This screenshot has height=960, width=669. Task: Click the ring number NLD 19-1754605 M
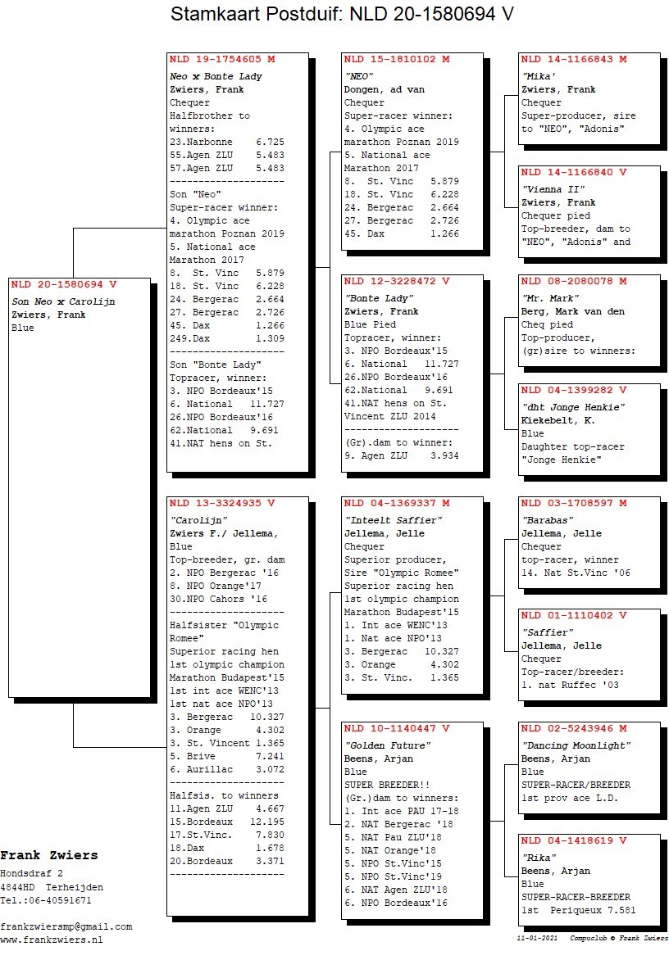click(x=222, y=60)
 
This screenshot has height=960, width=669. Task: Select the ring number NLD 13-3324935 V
click(x=222, y=503)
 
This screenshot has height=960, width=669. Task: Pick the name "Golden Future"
click(x=387, y=745)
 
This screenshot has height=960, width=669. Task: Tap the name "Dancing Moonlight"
click(x=576, y=745)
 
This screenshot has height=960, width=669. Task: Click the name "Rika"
click(x=537, y=858)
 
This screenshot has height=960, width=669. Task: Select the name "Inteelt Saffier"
click(x=394, y=520)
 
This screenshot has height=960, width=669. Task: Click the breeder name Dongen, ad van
click(x=384, y=89)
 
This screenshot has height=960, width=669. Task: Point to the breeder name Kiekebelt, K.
click(x=558, y=420)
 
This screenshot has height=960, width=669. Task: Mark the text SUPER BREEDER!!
click(x=381, y=785)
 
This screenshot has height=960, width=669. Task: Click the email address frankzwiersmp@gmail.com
click(x=66, y=926)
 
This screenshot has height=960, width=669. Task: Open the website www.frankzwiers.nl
click(x=52, y=940)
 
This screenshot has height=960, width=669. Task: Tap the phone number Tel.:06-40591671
click(x=46, y=900)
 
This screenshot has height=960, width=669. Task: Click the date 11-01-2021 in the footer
click(x=534, y=938)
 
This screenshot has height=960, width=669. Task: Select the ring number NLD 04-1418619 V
click(x=574, y=840)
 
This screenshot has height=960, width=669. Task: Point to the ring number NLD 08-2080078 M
click(x=574, y=281)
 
